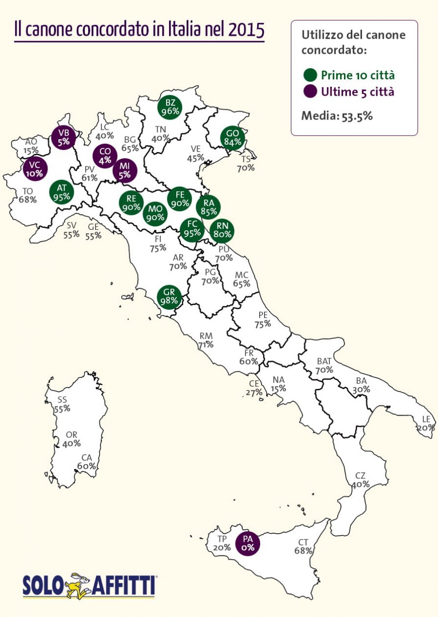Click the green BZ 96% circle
point(170,107)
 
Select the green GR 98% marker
point(169,296)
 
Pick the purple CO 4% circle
point(105,155)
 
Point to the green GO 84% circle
point(232,138)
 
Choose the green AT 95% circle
point(62,193)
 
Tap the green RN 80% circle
point(222,230)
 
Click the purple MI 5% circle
point(124,170)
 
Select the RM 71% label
point(206,340)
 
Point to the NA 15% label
point(278,384)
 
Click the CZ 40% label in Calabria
point(360,480)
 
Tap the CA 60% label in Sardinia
point(86,462)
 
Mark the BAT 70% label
point(324,366)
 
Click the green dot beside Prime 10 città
point(310,75)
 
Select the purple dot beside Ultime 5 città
point(310,92)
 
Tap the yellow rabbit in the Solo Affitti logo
point(79,585)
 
